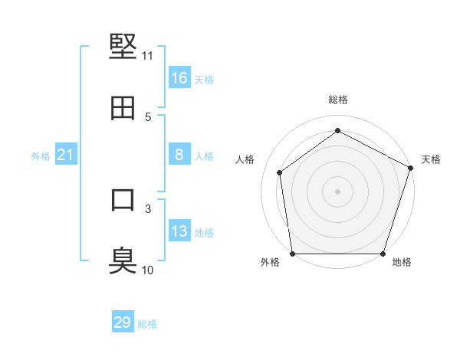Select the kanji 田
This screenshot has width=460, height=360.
123,108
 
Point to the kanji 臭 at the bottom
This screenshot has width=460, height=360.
123,260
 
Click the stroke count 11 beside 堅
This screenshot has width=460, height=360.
148,56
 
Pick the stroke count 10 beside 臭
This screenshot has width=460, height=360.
148,270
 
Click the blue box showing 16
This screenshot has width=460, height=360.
179,77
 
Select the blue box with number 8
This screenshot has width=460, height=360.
179,155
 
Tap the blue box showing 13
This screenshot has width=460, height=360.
179,231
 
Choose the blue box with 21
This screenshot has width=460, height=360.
66,155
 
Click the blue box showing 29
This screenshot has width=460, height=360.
123,322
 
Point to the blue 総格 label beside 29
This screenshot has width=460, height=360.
147,324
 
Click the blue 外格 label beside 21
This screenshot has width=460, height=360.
41,156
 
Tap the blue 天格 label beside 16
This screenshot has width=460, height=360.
204,79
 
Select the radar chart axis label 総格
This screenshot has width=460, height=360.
338,100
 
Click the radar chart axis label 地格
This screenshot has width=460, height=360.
402,263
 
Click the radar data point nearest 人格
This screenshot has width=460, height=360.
280,172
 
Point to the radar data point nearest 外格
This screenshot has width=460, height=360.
293,254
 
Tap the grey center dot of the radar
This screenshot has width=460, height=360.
338,191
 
